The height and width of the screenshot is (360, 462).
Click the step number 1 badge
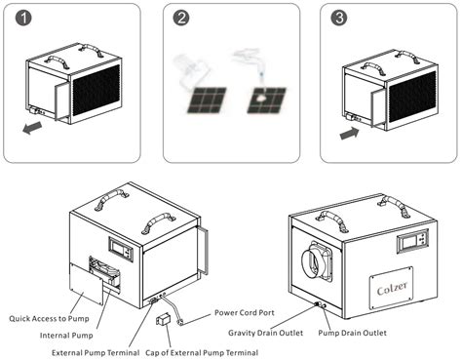tap(23, 18)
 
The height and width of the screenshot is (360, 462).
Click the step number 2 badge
tap(181, 18)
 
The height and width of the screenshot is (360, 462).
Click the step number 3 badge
tap(339, 18)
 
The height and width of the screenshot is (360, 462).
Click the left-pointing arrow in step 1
tap(32, 128)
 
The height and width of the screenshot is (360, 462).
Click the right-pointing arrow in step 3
tap(350, 134)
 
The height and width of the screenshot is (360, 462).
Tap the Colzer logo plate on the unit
tap(391, 288)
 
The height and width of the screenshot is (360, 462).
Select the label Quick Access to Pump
tap(49, 319)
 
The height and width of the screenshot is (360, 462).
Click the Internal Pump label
tap(66, 336)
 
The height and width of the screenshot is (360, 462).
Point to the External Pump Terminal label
tap(96, 353)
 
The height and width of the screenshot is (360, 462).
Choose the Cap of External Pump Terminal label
tap(202, 353)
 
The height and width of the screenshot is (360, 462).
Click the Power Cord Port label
tap(245, 313)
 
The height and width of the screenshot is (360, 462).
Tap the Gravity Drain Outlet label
tap(265, 333)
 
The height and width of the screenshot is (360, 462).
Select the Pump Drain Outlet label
tap(352, 333)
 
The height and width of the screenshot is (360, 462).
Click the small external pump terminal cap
tap(163, 319)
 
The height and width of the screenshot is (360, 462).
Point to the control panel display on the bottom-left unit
tap(121, 250)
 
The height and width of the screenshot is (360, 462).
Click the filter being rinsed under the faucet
tap(266, 100)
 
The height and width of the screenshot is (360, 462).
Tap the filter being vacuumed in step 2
tap(207, 100)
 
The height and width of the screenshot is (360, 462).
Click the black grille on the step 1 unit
tap(96, 90)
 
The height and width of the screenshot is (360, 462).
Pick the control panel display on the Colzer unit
tap(412, 240)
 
